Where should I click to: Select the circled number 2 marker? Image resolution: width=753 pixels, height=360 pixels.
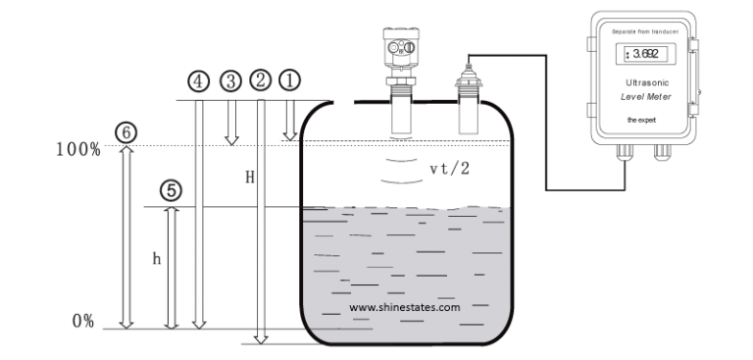[260, 80]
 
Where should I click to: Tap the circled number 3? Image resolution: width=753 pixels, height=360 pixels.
[230, 80]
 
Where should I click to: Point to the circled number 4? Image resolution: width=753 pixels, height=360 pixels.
[199, 80]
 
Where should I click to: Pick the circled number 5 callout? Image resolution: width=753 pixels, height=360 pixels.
[172, 191]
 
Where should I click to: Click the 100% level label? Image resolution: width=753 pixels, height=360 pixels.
[78, 149]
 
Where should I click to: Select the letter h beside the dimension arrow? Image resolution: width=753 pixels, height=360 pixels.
[156, 259]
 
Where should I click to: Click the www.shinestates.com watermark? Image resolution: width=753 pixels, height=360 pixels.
[405, 307]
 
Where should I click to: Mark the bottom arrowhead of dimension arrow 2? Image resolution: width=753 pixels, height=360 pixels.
[260, 338]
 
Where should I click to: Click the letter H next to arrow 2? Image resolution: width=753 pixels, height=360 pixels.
[250, 179]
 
